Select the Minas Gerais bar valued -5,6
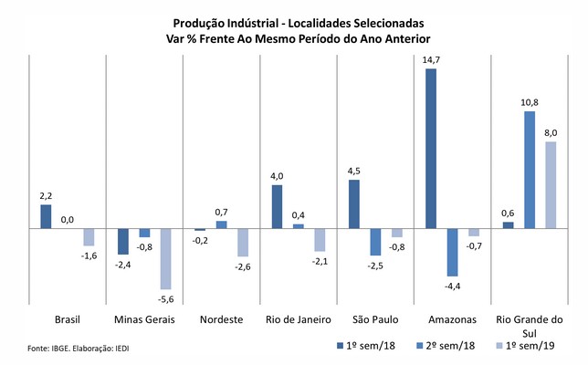pos(165,259)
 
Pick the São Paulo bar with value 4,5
pos(354,203)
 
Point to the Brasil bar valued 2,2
pos(47,216)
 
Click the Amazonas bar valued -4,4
pos(452,252)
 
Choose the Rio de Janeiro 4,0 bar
pos(277,206)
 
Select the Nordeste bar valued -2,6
pos(242,242)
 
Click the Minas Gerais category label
pos(144,320)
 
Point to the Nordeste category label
pos(221,320)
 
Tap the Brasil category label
pos(68,320)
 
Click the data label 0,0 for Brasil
pos(68,220)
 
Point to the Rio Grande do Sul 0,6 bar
pos(509,224)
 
